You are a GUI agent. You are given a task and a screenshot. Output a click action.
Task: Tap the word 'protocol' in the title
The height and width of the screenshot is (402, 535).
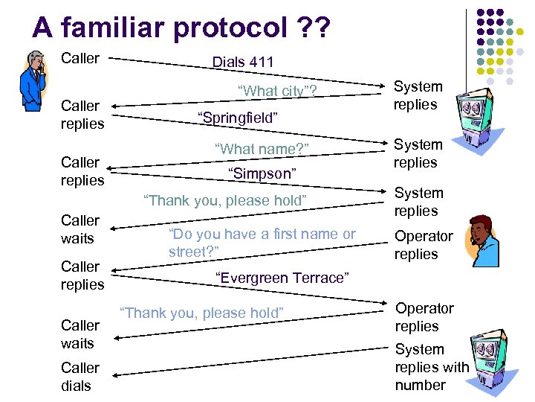pos(239,28)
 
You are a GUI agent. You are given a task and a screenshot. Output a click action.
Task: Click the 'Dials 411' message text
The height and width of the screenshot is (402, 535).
pos(243,63)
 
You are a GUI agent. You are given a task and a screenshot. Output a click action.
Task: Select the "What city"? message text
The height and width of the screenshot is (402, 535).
pos(276,91)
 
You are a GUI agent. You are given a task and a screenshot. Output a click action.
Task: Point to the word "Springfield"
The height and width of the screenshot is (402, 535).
pos(237,118)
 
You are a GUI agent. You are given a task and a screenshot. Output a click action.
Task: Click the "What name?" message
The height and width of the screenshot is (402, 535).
pos(261,149)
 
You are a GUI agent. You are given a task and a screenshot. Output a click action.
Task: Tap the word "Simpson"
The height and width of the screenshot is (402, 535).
pos(262,173)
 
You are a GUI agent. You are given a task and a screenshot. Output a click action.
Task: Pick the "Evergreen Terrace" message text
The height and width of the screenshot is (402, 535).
pos(282,278)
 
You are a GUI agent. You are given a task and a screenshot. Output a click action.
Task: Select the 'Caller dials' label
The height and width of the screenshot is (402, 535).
pos(80,377)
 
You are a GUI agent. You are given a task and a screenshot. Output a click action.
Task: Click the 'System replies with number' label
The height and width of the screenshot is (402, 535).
pos(432,367)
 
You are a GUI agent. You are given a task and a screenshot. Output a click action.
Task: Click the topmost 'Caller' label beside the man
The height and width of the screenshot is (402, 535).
pos(80,58)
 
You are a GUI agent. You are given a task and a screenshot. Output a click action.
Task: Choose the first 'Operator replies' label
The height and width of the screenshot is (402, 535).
pos(424,245)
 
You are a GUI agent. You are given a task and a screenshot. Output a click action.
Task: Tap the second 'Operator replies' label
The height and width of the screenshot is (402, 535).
pos(424,317)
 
